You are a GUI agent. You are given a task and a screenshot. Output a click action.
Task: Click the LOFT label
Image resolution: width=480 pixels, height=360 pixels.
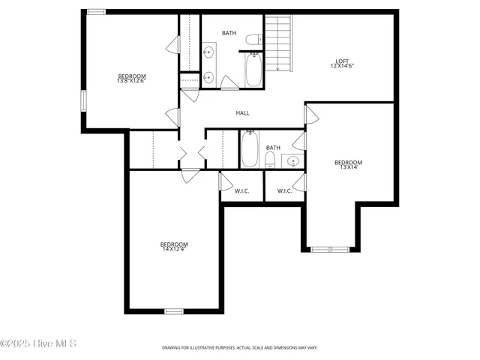pos(342,64)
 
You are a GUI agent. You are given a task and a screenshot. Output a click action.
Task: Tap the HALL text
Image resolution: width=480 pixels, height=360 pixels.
pos(242,113)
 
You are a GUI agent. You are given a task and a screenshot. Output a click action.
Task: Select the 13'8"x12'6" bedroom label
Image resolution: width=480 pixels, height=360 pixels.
pos(131,78)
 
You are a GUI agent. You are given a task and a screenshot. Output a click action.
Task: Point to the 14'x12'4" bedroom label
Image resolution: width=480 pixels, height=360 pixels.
pos(173,246)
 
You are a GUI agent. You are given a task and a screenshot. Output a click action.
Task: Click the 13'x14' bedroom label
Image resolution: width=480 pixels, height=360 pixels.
pos(348,164)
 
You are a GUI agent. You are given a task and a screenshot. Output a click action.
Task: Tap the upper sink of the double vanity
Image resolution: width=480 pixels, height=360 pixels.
pos(208,52)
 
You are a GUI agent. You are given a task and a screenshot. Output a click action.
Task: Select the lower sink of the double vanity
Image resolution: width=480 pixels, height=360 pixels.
pos(208,76)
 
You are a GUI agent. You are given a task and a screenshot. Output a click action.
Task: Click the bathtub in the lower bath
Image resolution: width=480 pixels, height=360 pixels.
pos(250,149)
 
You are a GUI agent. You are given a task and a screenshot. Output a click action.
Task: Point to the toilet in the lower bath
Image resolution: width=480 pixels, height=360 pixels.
pos(270,160)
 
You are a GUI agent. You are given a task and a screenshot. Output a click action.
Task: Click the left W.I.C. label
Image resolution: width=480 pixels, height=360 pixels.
pos(241,190)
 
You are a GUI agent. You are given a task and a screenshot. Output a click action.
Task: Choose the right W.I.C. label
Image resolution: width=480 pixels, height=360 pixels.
pos(284,190)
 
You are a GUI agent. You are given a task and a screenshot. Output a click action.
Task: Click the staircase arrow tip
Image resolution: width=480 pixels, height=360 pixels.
pos(279,70)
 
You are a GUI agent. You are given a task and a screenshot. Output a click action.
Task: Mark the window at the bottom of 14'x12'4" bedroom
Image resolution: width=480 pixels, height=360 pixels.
pos(174,310)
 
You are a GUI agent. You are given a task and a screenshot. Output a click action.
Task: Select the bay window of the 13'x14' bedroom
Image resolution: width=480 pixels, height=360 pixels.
pos(330,248)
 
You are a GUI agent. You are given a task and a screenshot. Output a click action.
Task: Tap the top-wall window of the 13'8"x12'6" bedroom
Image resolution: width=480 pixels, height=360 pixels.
pos(96,12)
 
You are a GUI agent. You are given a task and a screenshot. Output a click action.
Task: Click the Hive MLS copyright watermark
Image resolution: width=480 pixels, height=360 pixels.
pos(38,344)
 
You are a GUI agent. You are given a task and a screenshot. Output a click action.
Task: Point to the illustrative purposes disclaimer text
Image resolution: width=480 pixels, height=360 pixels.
pos(240,348)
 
